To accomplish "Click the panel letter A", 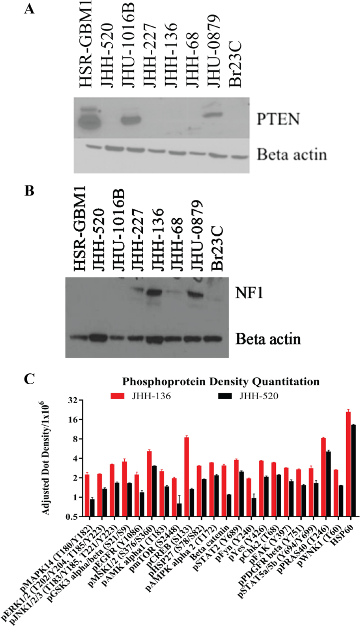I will coord(29,9).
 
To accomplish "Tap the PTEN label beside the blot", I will coord(278,119).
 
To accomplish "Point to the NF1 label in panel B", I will coord(249,293).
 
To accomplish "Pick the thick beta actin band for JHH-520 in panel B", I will coord(98,337).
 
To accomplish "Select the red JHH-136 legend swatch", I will coord(118,396).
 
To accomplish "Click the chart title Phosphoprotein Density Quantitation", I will coord(221,382).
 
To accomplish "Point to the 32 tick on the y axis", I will coord(75,400).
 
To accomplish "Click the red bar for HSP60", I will coord(348,464).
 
